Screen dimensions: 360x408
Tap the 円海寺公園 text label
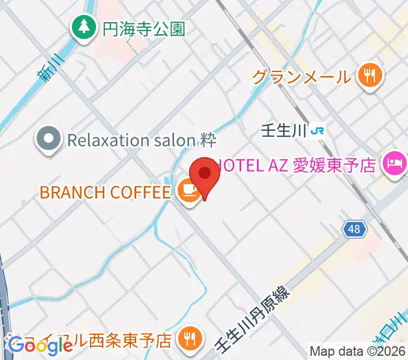click(144, 28)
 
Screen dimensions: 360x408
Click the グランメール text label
click(301, 76)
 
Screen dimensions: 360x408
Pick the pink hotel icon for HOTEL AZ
click(394, 162)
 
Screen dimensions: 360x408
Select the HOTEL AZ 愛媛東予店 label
click(296, 163)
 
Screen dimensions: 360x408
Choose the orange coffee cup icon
click(188, 191)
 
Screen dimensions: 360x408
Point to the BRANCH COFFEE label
click(105, 192)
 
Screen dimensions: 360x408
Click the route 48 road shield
click(353, 229)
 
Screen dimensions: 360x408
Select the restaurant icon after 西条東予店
click(190, 340)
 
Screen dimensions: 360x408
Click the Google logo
click(40, 346)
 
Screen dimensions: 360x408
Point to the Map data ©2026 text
click(357, 352)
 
